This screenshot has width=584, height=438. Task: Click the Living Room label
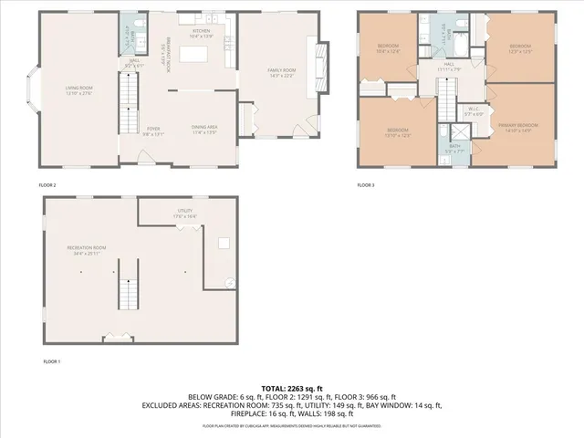tap(79, 90)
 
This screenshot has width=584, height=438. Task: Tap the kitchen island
tap(193, 55)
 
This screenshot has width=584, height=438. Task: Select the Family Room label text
tap(281, 72)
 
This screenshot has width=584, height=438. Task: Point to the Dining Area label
tap(203, 130)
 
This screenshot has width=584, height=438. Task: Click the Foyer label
tap(153, 130)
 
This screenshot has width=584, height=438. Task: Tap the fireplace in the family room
tap(319, 63)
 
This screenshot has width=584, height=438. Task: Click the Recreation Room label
tap(87, 250)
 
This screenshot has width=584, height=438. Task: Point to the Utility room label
tap(185, 213)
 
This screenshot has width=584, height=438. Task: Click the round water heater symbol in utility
tap(230, 283)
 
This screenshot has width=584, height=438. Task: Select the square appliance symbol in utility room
tap(223, 244)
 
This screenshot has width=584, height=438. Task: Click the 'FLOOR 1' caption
tap(52, 361)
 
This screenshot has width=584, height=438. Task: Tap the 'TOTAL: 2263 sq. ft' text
tap(292, 388)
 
